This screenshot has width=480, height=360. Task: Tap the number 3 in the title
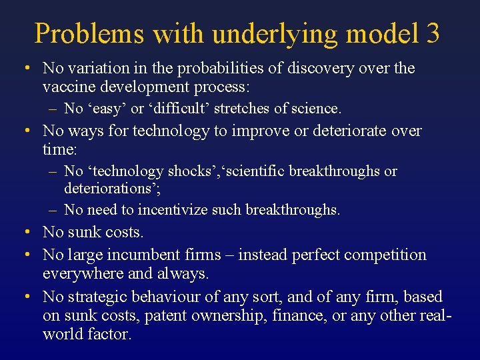pos(431,33)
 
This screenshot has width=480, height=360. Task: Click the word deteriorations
pos(110,189)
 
